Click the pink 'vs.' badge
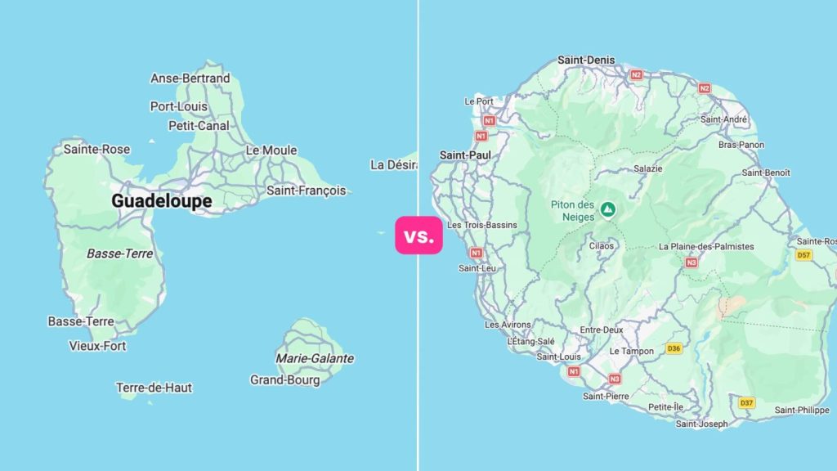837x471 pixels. (418, 237)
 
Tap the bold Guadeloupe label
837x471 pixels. (162, 201)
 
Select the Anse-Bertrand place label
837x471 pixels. (190, 78)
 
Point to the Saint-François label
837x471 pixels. (307, 191)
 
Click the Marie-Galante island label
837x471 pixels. (315, 358)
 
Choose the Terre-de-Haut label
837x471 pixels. (154, 388)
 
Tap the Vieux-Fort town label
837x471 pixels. (98, 346)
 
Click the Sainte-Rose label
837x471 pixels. (96, 149)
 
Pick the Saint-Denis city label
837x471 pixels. (586, 60)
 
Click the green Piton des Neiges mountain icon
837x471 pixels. (607, 209)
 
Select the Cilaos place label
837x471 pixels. (602, 244)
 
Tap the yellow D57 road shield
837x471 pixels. (803, 255)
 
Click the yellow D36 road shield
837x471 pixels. (674, 348)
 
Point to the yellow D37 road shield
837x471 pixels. (746, 403)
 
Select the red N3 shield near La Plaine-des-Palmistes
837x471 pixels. (692, 262)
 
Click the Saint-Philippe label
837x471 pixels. (802, 410)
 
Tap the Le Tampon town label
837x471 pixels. (632, 351)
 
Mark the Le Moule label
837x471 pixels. (271, 150)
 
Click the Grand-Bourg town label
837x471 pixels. (284, 379)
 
